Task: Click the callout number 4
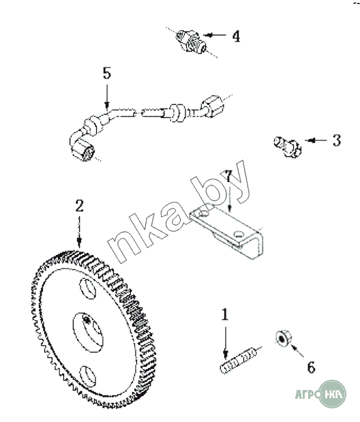236,36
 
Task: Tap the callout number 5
107,73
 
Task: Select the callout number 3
337,140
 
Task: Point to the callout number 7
228,177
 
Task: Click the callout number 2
79,206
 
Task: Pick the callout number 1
225,314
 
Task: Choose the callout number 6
312,367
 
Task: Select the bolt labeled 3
287,147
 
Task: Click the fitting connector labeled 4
191,42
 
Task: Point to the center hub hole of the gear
88,332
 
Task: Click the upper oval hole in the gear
88,288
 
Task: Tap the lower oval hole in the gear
88,376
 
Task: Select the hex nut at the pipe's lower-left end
83,151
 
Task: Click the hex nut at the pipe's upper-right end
213,106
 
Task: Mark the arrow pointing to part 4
215,35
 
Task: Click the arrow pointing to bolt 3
316,140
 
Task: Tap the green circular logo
332,395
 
